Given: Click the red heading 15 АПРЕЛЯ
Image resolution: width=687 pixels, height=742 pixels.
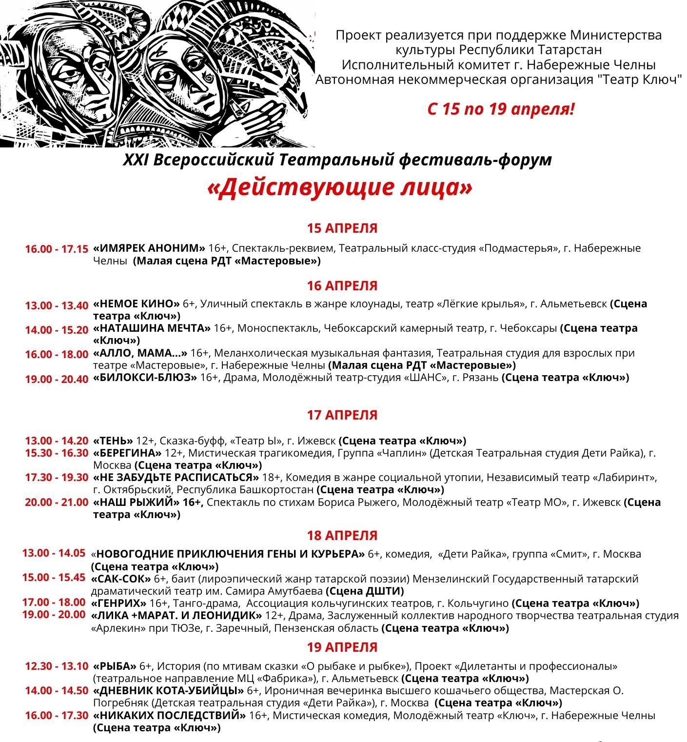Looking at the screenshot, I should coord(342,228).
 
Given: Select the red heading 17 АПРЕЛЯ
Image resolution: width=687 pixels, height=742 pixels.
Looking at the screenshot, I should coord(342,415).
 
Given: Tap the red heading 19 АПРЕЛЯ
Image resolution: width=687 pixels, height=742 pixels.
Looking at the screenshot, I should coord(342,647).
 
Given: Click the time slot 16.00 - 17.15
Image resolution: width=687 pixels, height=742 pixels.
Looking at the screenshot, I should coord(57,249).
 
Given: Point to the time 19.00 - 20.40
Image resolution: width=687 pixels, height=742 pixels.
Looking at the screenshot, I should coord(57,379).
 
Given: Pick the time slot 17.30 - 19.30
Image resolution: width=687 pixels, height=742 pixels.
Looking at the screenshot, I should coord(57,478).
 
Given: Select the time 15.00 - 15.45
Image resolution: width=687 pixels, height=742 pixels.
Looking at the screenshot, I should coord(54,578).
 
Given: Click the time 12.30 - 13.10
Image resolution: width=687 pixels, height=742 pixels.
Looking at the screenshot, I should coord(57,666).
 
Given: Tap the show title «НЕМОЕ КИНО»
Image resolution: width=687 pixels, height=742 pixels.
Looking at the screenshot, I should coord(137,304).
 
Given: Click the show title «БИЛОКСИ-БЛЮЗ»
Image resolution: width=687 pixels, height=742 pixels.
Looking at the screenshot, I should coord(145,378).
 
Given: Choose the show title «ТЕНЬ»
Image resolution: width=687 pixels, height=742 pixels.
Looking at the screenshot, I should coord(113,441).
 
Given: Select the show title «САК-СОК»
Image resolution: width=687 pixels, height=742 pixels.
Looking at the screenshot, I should coord(121,579).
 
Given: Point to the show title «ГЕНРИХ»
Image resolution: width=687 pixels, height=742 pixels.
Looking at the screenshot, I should coord(119,603).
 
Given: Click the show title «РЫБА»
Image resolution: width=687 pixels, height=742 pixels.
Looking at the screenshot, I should coord(115,666).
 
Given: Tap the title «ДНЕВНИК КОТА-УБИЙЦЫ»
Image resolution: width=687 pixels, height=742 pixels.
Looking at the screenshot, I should coord(168,691).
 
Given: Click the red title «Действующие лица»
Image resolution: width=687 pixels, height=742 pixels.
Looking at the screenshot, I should coord(340,188).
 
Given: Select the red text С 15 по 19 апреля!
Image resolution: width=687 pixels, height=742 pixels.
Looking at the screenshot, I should coord(501,109).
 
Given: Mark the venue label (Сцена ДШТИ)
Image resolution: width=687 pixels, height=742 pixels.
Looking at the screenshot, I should coord(365,591).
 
